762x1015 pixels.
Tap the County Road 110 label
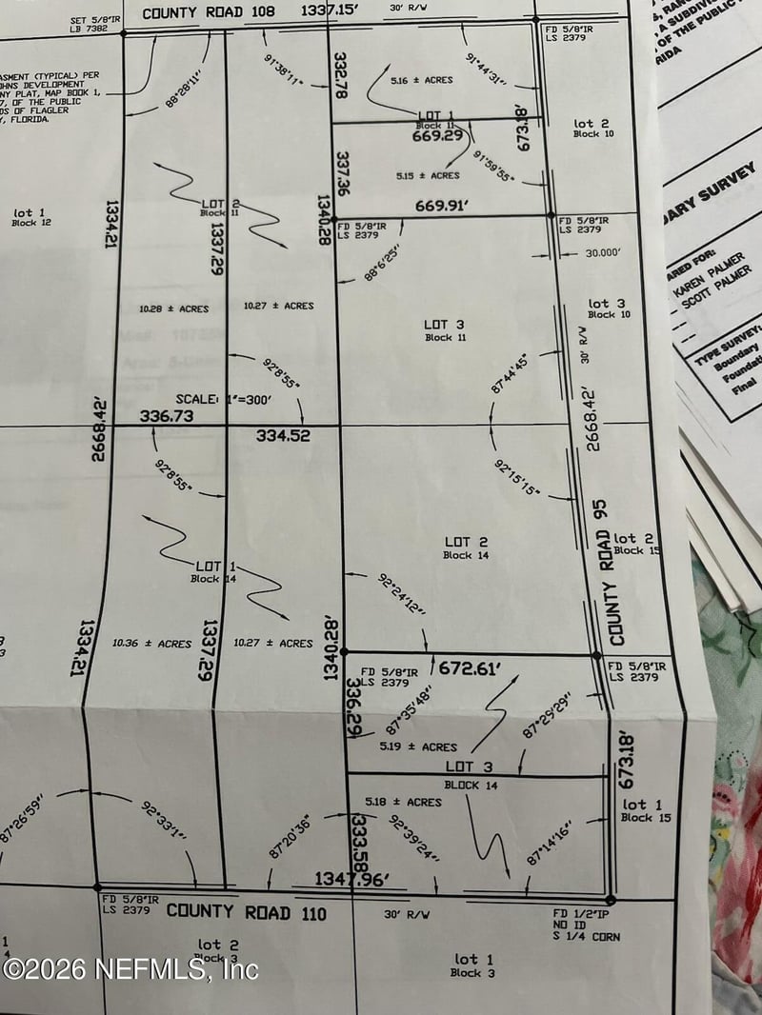[x=247, y=912]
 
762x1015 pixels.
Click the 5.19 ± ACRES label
[x=418, y=747]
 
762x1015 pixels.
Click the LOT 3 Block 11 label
[x=444, y=330]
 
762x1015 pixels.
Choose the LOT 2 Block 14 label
[x=466, y=547]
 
